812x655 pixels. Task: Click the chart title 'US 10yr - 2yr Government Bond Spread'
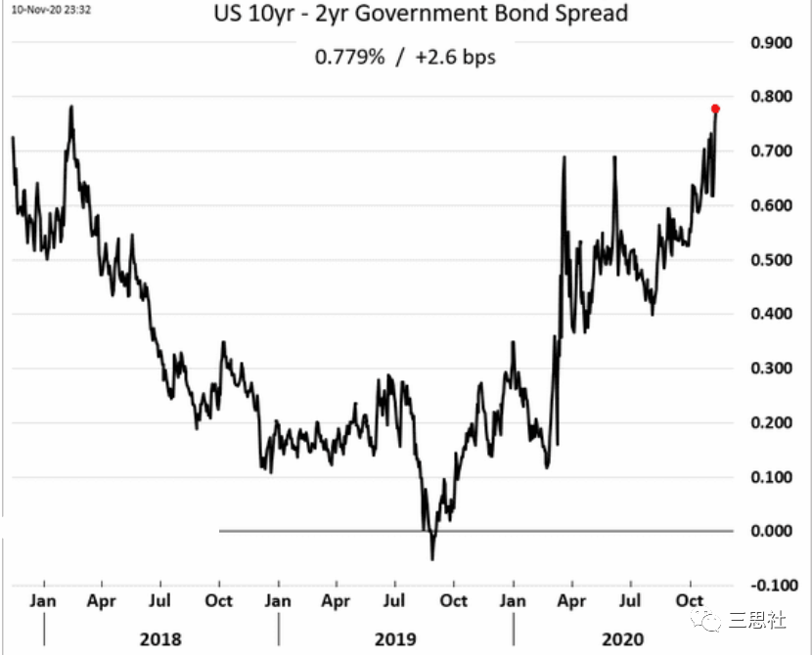pos(405,15)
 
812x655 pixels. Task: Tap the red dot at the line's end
pos(715,109)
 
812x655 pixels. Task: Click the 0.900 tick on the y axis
pos(770,43)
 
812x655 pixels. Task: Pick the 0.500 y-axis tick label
pos(770,260)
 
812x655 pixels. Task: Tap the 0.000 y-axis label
pos(770,531)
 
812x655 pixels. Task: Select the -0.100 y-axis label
pos(768,585)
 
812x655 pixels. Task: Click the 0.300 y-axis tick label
pos(770,369)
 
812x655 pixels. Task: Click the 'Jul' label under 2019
pos(395,598)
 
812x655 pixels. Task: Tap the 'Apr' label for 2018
pos(101,598)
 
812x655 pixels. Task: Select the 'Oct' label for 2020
pos(691,598)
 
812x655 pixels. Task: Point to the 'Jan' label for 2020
pos(514,598)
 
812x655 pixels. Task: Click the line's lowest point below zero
pos(432,559)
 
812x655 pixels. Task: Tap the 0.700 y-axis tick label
pos(770,152)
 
